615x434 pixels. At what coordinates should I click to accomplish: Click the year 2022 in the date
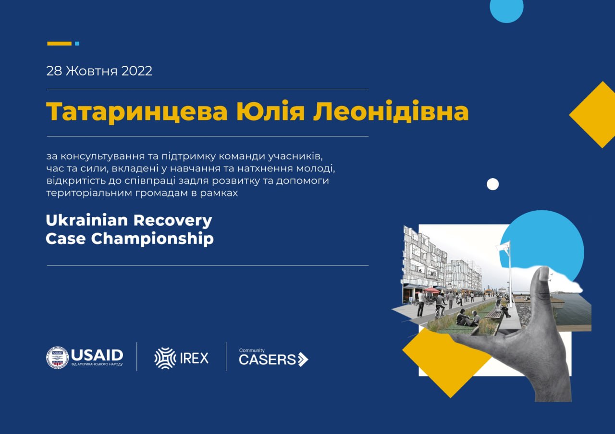[137, 71]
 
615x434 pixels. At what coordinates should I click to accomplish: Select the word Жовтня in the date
[91, 71]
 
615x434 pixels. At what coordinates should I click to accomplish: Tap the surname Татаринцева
[137, 112]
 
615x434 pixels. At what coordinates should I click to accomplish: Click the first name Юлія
[271, 111]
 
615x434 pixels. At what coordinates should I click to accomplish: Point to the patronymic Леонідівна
[391, 111]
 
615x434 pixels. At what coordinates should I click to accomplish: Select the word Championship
[152, 239]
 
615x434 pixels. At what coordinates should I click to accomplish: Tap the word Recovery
[173, 221]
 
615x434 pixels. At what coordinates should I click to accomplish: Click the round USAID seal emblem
[57, 358]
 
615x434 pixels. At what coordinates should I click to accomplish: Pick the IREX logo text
[194, 358]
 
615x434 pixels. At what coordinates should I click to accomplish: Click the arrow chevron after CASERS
[303, 360]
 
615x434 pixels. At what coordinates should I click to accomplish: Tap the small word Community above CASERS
[252, 350]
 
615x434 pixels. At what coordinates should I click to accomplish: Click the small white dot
[493, 184]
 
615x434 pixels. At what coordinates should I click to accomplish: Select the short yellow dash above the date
[59, 44]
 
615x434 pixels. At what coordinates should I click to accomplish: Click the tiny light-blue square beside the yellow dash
[77, 44]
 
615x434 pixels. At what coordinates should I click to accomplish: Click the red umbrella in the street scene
[431, 290]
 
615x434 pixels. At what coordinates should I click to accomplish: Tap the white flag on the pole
[503, 247]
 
